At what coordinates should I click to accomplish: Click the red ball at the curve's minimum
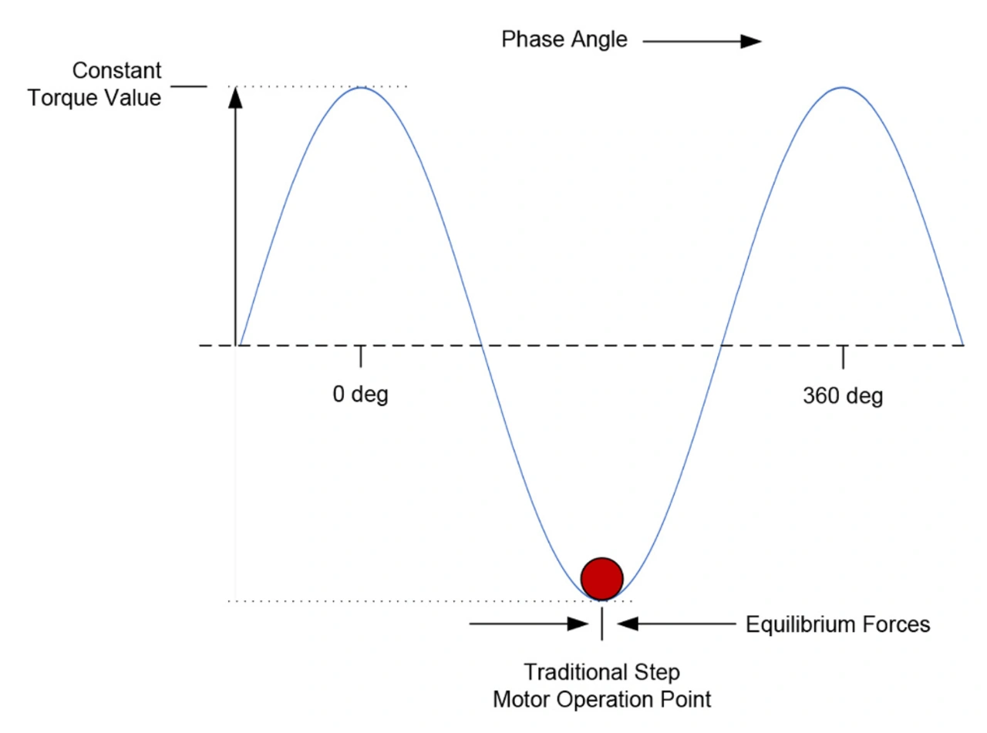(x=601, y=577)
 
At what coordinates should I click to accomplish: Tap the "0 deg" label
(x=360, y=395)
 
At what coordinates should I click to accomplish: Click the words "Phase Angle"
(x=564, y=40)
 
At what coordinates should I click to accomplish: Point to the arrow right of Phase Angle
(x=702, y=42)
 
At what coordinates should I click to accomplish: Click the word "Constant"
(x=117, y=71)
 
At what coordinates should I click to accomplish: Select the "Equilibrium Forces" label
(x=838, y=624)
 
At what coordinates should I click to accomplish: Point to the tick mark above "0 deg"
(x=360, y=356)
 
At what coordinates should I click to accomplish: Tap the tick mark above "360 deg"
(x=843, y=356)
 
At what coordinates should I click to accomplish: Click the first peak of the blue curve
(x=361, y=88)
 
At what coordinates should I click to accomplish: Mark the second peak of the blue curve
(x=843, y=88)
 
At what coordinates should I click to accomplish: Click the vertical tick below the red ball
(x=601, y=625)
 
